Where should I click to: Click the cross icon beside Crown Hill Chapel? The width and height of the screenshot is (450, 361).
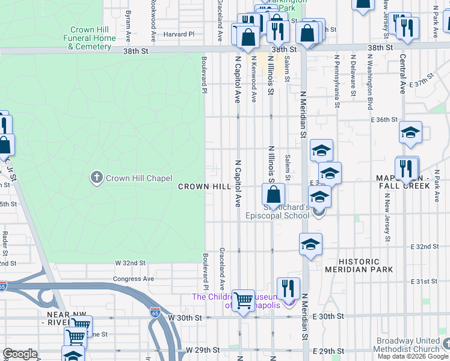[96, 177]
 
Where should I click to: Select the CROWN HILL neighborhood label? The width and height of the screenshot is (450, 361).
[205, 187]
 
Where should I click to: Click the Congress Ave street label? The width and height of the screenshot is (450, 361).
[135, 279]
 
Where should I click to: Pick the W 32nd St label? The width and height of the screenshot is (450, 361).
[131, 263]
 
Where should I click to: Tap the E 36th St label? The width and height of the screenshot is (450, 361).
[385, 120]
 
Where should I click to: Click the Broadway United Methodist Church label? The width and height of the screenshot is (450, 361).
[408, 345]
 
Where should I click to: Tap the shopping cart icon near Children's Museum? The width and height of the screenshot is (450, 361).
[244, 300]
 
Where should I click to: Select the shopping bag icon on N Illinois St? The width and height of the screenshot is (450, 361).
[273, 194]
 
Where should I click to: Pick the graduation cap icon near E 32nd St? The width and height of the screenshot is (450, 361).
[310, 244]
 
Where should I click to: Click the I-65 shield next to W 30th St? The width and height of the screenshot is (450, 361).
[155, 313]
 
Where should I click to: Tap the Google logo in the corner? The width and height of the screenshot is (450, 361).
[20, 354]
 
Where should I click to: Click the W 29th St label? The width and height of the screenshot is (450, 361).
[200, 350]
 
